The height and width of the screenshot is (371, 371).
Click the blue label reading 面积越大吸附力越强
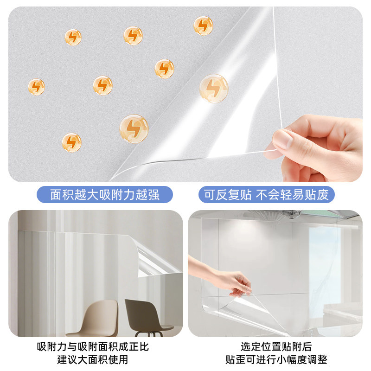(x=105, y=195)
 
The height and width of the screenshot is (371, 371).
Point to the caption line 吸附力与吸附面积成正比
(x=93, y=347)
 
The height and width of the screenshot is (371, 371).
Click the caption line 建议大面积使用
(x=93, y=359)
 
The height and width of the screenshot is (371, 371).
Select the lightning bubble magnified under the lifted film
(x=214, y=88)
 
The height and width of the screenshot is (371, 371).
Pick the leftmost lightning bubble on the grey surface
(x=36, y=87)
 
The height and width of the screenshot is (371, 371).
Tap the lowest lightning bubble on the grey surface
(x=71, y=142)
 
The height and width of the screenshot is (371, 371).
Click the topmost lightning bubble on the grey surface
(x=203, y=26)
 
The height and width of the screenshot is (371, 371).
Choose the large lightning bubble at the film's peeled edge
(x=134, y=128)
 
